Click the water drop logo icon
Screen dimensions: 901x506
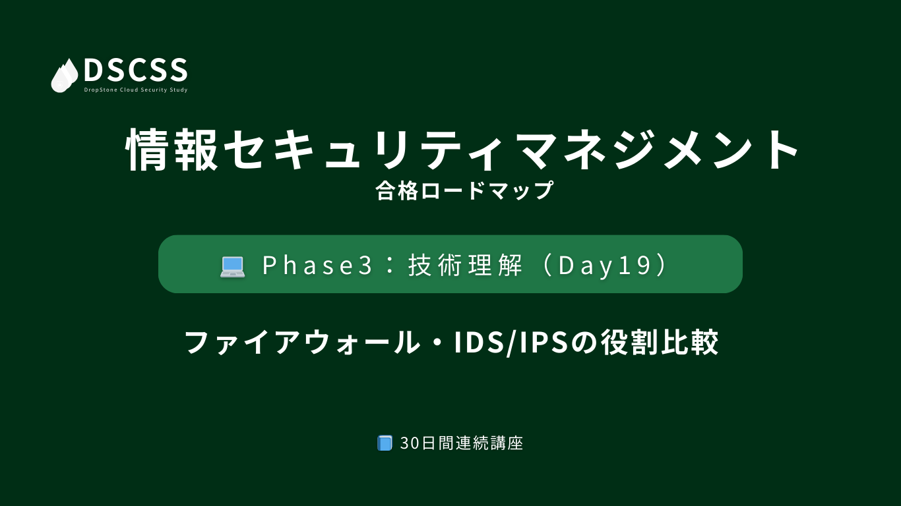65,76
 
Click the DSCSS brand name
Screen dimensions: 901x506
136,70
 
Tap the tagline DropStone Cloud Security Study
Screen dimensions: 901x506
136,90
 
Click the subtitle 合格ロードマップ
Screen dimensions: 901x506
464,190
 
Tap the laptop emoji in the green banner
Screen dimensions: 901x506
232,267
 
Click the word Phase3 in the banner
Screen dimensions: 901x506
317,266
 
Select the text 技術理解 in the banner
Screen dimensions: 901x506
465,266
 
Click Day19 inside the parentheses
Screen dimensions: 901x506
604,266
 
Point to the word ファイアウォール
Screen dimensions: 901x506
302,343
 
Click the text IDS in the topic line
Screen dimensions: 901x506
479,343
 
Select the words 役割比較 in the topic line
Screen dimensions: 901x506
659,343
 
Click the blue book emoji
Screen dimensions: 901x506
385,443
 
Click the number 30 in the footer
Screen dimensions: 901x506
410,443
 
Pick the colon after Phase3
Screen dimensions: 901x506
389,266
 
